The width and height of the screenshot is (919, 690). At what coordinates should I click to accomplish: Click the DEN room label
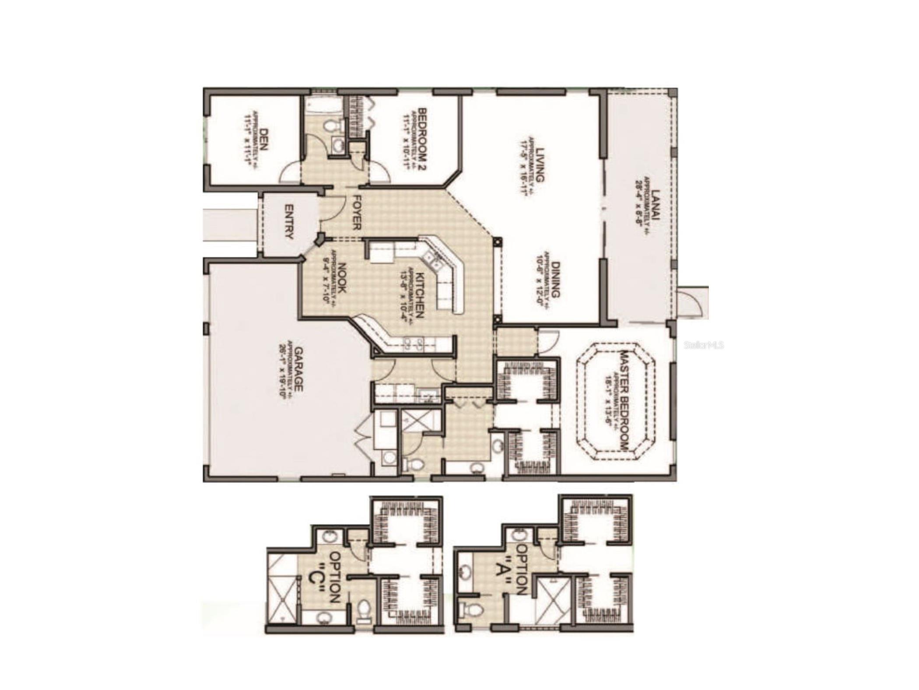click(x=263, y=139)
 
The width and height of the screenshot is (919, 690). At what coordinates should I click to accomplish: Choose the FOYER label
click(x=356, y=212)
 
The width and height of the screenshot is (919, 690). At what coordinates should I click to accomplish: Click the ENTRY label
click(x=288, y=222)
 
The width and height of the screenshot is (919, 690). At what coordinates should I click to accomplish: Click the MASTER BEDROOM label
click(x=624, y=400)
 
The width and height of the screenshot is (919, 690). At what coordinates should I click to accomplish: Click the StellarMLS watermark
click(x=704, y=345)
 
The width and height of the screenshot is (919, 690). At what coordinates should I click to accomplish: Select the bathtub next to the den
click(x=323, y=105)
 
